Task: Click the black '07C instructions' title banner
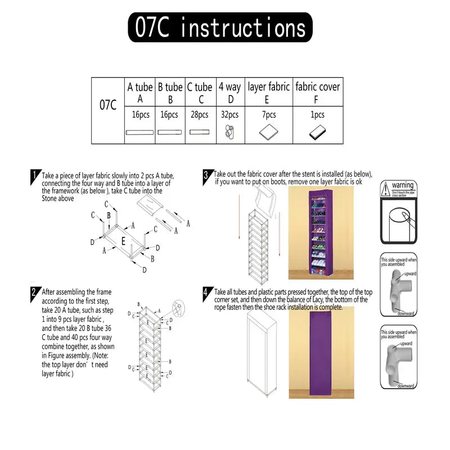pos(219,28)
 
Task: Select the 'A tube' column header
pos(140,92)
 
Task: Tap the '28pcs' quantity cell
pos(199,115)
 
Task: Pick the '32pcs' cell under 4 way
pos(229,115)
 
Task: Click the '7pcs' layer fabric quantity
pos(268,115)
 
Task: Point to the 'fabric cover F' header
pos(318,92)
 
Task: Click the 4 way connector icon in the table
pos(229,132)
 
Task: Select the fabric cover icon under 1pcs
pos(318,133)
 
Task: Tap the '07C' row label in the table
pos(108,105)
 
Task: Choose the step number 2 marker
pos(35,292)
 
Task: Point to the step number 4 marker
pos(206,292)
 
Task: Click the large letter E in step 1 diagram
pos(123,241)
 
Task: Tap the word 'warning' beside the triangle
pos(403,185)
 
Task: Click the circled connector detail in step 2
pos(179,309)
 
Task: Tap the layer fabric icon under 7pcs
pos(268,133)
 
